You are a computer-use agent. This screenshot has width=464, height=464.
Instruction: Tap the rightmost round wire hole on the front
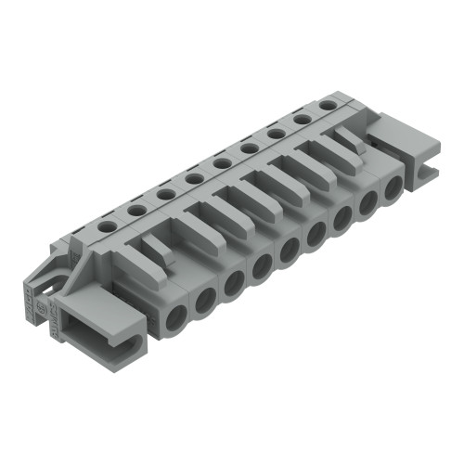393,187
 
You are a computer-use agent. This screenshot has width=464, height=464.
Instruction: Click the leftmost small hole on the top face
109,225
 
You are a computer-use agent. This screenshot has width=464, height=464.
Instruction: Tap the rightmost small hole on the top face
328,107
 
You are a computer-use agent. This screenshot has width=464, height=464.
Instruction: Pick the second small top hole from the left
136,210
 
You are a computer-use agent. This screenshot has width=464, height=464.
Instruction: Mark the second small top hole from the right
302,121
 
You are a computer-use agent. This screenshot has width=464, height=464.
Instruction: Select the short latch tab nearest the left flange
158,248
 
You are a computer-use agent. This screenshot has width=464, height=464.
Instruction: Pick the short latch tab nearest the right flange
346,136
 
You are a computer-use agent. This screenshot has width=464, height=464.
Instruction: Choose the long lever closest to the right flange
329,153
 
